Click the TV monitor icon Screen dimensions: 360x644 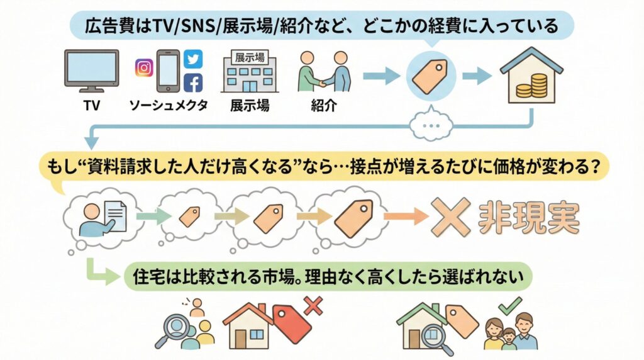pos(91,69)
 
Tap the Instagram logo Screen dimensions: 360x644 pos(144,67)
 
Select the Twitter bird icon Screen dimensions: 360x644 pos(193,59)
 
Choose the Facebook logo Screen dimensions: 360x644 pos(193,82)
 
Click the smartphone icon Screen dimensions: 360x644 pos(168,72)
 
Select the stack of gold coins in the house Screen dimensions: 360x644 pos(531,85)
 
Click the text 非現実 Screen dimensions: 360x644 pos(528,217)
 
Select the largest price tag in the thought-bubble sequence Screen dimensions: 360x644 pos(354,217)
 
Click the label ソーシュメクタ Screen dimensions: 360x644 pos(169,105)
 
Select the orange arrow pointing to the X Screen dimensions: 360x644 pos(403,217)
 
